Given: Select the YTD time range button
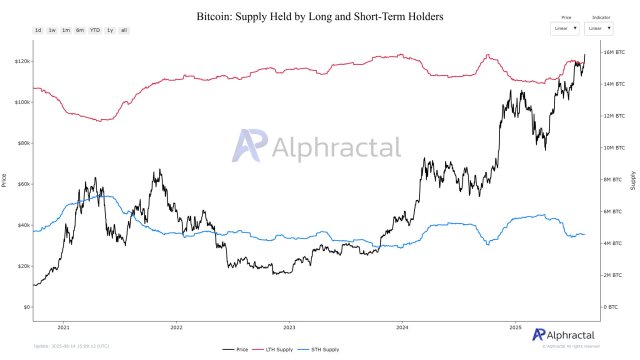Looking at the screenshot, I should pos(94,31).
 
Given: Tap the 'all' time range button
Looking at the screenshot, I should pos(123,31).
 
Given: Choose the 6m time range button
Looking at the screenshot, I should pos(79,31).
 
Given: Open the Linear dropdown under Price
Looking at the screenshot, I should pos(564,29).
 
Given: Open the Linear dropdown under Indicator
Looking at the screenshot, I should pos(600,29).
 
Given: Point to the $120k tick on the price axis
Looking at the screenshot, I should pos(19,61).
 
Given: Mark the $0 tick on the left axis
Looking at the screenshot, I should pos(23,307).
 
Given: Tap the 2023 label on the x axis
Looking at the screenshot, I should pos(289,326).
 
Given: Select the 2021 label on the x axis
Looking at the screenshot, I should pos(64,326).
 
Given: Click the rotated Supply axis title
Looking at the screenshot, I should pos(632,180).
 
